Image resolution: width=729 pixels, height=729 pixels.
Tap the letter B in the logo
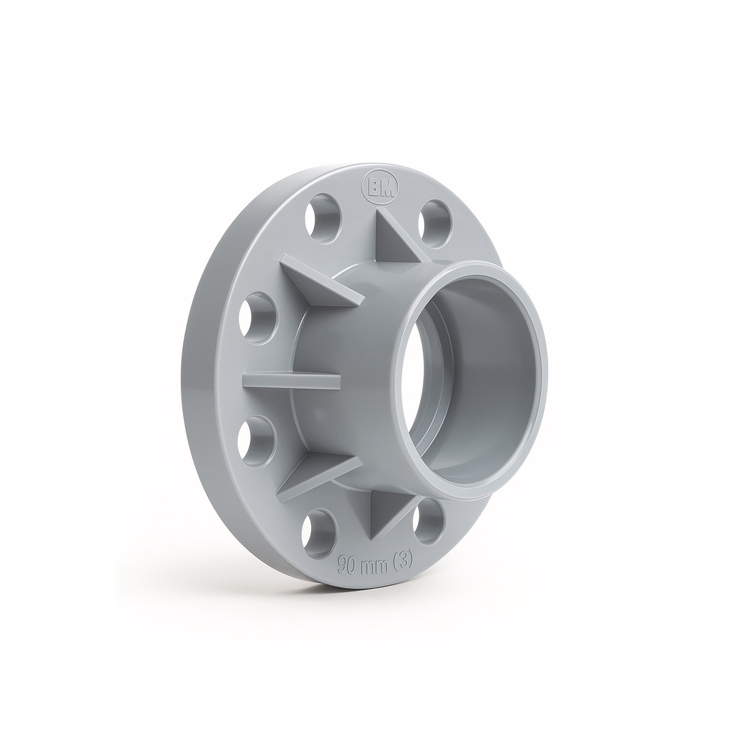374,189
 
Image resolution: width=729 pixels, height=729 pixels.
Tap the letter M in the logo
386,189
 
